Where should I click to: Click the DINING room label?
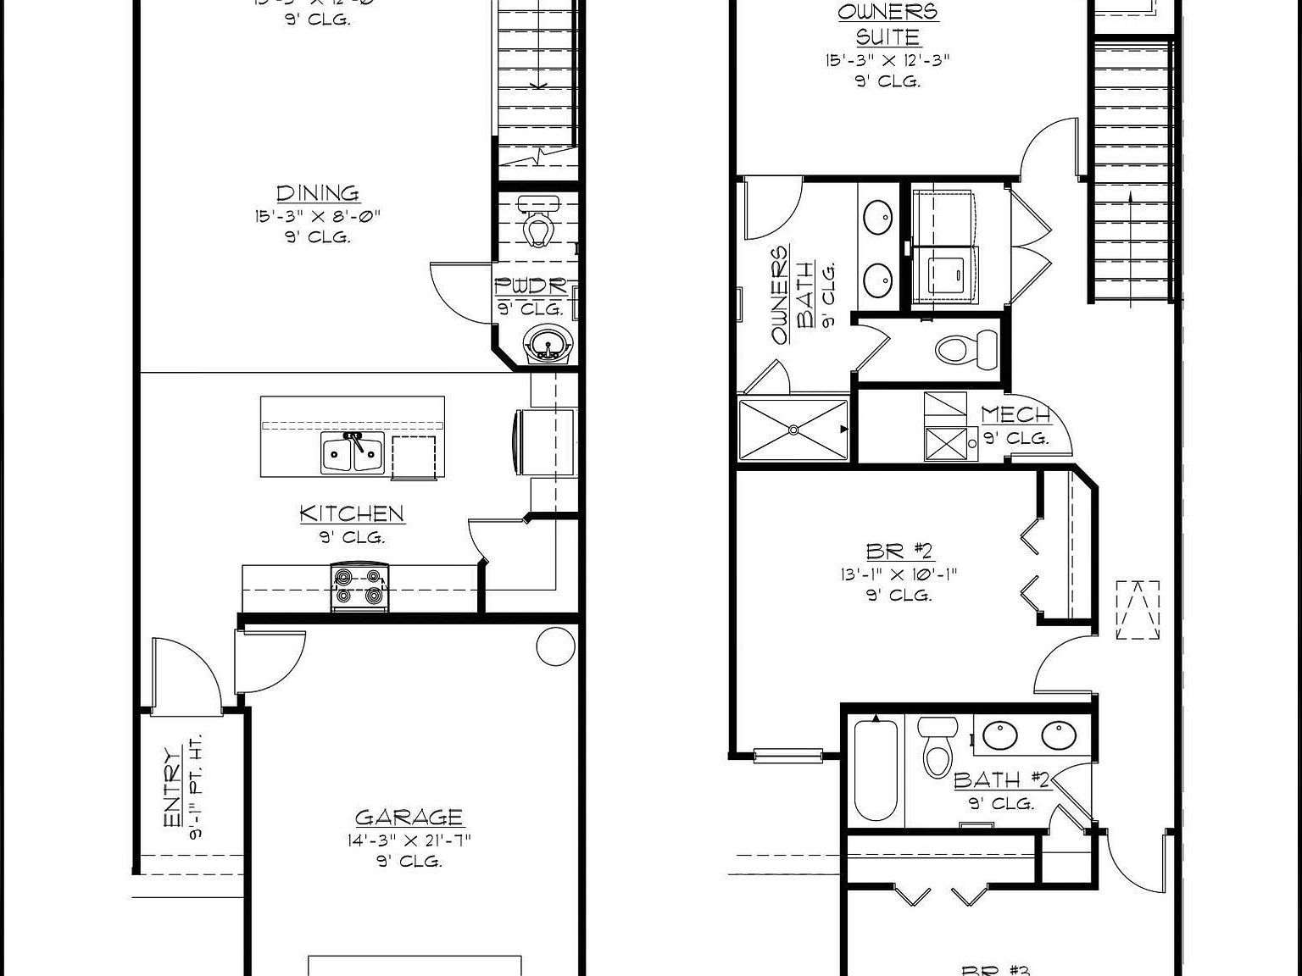tap(317, 193)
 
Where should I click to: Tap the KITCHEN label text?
tap(352, 513)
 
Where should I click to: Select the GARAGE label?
tap(409, 818)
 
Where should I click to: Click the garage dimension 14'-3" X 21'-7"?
tap(409, 840)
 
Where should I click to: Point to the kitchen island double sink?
tap(353, 453)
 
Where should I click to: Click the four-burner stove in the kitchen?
tap(359, 586)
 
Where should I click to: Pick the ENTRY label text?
tap(172, 787)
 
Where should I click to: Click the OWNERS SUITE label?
tap(887, 24)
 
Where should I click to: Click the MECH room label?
tap(1016, 415)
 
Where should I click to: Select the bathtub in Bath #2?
tap(876, 770)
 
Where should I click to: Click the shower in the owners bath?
tap(793, 430)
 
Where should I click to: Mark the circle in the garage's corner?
tap(555, 646)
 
